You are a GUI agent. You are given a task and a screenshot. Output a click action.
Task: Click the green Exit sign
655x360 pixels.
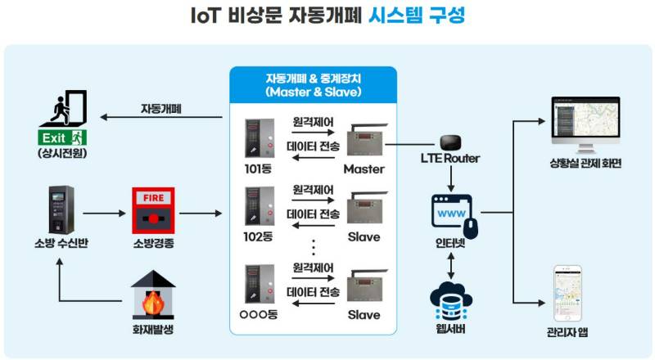[62, 137]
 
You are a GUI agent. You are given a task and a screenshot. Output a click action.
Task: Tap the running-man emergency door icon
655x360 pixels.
[64, 108]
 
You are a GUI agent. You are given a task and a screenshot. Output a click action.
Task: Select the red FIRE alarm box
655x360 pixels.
[153, 210]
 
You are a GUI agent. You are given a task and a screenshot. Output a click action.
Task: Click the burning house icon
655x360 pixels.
[153, 295]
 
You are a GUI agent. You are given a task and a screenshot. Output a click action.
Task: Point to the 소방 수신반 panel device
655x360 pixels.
[61, 209]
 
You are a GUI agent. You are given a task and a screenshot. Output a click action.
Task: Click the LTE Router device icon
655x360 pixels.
[451, 143]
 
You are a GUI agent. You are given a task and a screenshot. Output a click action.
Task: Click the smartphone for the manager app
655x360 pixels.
[567, 294]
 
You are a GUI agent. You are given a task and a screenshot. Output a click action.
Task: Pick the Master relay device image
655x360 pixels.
[366, 141]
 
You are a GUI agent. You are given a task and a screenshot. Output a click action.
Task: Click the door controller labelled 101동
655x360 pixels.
[260, 138]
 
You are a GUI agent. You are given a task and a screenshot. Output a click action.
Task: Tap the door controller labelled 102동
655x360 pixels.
[260, 206]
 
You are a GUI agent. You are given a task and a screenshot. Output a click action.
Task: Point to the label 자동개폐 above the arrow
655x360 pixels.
[160, 109]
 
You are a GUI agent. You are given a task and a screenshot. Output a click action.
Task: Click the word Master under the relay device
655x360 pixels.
[364, 169]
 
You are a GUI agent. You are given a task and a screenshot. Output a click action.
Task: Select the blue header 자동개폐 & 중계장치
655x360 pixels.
[314, 85]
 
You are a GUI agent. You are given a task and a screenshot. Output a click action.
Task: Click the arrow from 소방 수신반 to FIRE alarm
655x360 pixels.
[104, 214]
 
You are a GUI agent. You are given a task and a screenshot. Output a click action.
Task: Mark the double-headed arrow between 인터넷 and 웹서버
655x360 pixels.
[451, 266]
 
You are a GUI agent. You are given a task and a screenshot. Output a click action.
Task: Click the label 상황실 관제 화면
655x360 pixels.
[585, 164]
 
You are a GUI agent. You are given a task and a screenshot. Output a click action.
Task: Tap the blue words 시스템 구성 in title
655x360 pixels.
[417, 16]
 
